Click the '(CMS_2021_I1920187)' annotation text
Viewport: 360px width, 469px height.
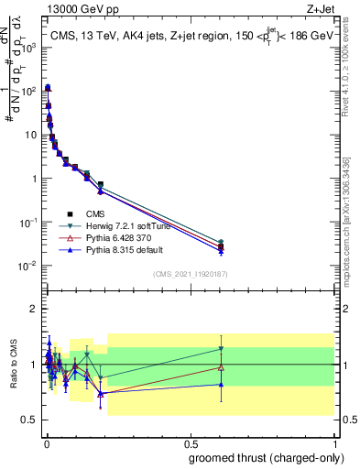pos(190,273)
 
